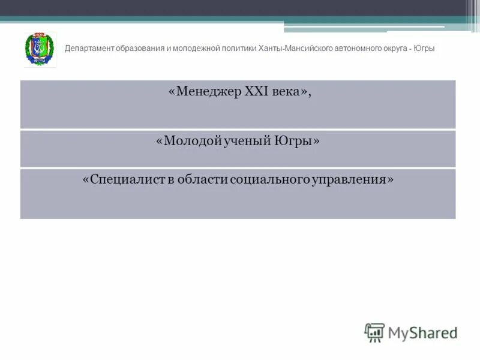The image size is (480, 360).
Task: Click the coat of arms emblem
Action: [40, 49]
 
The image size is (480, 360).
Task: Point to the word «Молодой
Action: [190, 142]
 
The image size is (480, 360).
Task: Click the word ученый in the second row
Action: [248, 142]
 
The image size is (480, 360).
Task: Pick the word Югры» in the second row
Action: [296, 142]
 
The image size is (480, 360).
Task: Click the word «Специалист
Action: [122, 180]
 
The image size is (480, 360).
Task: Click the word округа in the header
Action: [395, 49]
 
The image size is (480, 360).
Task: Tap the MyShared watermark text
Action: [422, 332]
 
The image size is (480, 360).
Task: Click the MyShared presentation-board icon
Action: [374, 332]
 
